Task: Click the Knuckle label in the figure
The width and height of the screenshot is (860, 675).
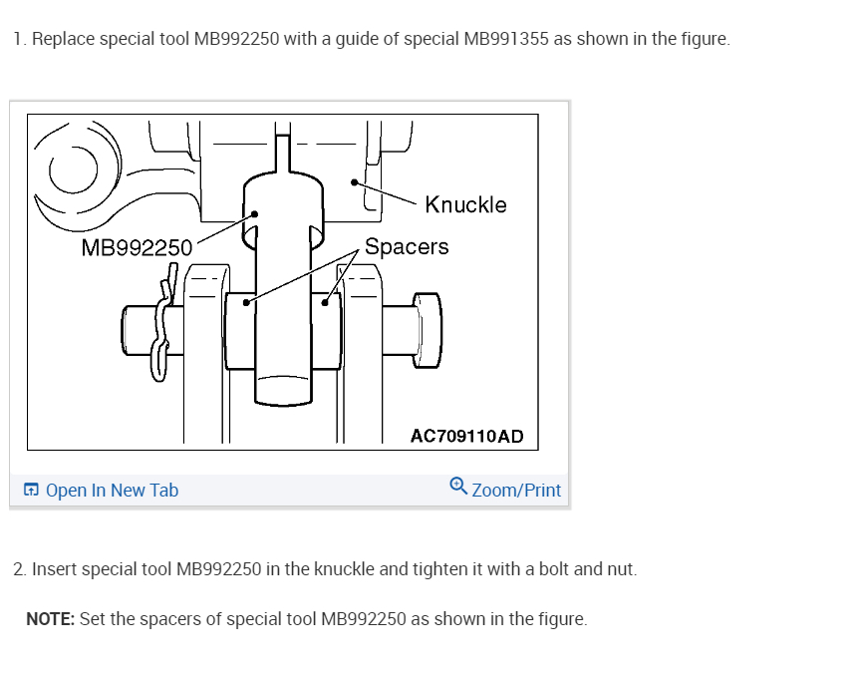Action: coord(465,204)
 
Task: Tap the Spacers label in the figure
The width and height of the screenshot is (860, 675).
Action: coord(407,246)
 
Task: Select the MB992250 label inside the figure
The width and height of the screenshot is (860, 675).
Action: coord(137,248)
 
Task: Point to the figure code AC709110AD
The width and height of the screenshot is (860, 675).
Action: coord(466,437)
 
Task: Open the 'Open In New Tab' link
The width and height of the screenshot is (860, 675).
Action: coord(112,490)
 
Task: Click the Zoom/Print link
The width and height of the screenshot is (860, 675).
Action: coord(516,490)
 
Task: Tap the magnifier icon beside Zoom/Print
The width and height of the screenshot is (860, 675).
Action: coord(458,486)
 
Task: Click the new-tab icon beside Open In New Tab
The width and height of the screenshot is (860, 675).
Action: coord(31,490)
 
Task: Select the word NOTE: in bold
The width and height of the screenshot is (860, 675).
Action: coord(50,619)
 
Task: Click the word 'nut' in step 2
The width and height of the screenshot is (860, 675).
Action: coord(621,569)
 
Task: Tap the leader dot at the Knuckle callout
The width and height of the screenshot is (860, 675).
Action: coord(355,182)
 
